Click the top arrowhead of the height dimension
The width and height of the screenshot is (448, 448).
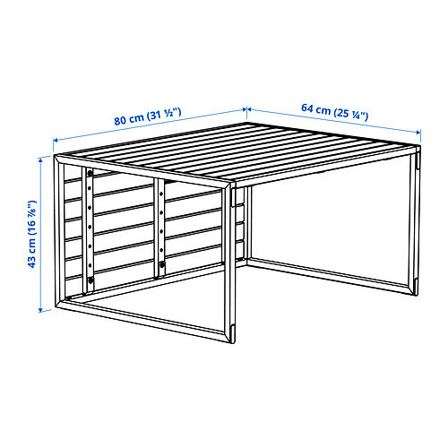tap(42, 159)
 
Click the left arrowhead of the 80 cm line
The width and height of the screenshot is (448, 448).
tap(56, 141)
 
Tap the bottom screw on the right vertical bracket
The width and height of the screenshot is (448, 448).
tap(161, 265)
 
